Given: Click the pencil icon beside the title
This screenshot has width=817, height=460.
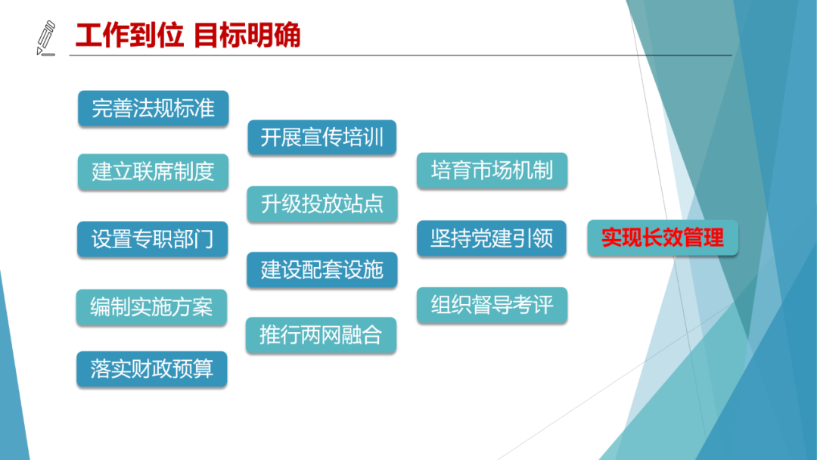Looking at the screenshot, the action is pyautogui.click(x=46, y=38).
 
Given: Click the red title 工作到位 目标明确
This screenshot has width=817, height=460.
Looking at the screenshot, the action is pyautogui.click(x=188, y=36).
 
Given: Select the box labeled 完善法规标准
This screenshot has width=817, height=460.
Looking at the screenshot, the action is pyautogui.click(x=153, y=108).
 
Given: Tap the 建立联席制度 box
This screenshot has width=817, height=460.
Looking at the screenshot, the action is pyautogui.click(x=153, y=172).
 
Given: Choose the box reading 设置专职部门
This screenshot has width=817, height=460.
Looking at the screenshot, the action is pyautogui.click(x=153, y=239).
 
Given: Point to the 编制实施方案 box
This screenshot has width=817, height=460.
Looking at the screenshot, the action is pyautogui.click(x=151, y=307).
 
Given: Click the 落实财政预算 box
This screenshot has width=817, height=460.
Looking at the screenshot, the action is pyautogui.click(x=151, y=369).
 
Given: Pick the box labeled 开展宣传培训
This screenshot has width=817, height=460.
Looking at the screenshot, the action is pyautogui.click(x=322, y=138).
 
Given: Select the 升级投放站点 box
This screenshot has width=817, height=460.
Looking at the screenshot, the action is pyautogui.click(x=322, y=204).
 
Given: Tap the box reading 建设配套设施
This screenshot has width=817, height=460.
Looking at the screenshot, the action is pyautogui.click(x=322, y=270).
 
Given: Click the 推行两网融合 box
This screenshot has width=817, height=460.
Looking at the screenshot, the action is pyautogui.click(x=321, y=335).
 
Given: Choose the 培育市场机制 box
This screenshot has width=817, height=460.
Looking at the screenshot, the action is pyautogui.click(x=492, y=170).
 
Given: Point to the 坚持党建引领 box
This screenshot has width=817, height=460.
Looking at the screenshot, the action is pyautogui.click(x=492, y=238).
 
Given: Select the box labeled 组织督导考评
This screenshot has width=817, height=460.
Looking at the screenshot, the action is pyautogui.click(x=492, y=305).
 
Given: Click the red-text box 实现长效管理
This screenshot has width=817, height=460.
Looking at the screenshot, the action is pyautogui.click(x=663, y=238).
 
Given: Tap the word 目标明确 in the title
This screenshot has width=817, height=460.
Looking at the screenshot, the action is pyautogui.click(x=247, y=36).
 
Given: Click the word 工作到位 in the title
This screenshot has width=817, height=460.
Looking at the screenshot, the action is pyautogui.click(x=130, y=36).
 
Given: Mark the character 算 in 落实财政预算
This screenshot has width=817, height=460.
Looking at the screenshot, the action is pyautogui.click(x=203, y=369).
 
